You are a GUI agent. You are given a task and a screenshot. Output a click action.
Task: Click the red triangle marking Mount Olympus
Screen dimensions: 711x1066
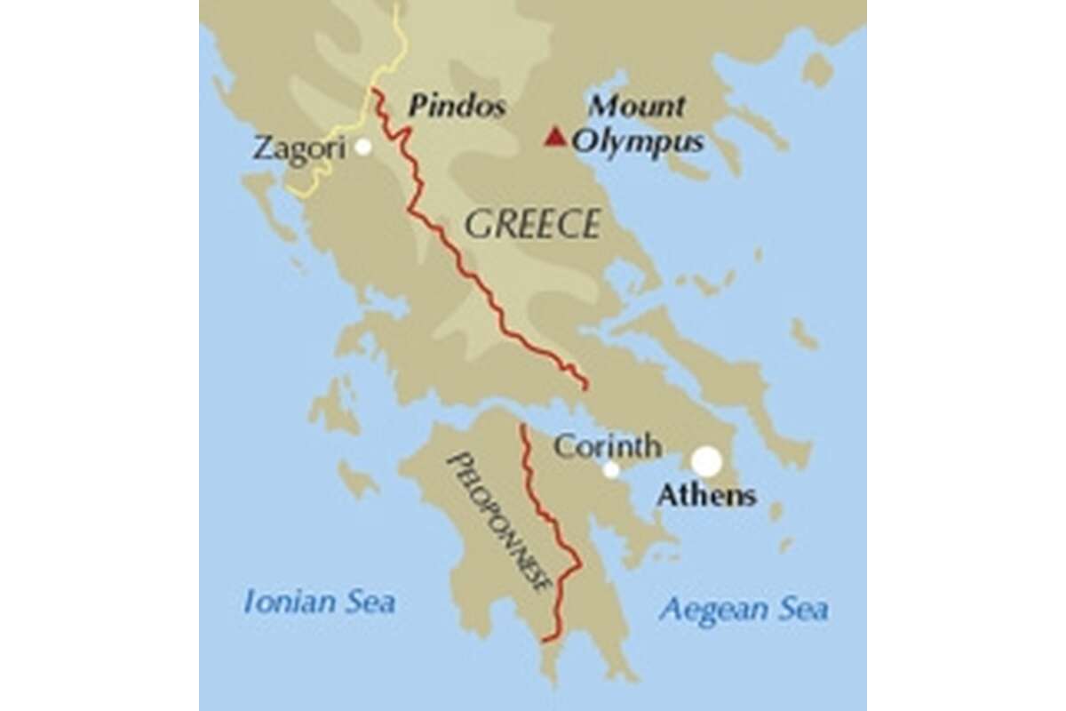click(x=555, y=137)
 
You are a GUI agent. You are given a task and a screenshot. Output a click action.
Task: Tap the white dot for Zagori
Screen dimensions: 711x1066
click(x=362, y=148)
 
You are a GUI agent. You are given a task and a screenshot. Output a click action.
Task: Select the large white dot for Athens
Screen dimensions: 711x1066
click(x=707, y=461)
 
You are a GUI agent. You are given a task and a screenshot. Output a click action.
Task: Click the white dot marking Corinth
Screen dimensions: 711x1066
click(x=611, y=470)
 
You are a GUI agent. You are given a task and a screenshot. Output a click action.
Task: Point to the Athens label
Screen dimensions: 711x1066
click(x=706, y=495)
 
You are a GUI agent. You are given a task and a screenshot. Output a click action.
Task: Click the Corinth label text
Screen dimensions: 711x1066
click(x=607, y=445)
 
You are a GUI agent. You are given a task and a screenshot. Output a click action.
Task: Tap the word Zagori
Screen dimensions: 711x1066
click(x=298, y=148)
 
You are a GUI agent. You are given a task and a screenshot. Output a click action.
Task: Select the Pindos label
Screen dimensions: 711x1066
click(x=457, y=108)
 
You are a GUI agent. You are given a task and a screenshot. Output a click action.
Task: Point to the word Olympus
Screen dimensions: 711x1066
click(x=638, y=142)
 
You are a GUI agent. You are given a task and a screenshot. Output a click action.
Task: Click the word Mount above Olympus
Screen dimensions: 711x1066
click(x=637, y=107)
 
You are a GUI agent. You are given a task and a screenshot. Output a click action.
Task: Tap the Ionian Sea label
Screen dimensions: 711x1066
click(x=319, y=603)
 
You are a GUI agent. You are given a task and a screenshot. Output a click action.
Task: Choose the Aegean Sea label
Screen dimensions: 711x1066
click(x=744, y=610)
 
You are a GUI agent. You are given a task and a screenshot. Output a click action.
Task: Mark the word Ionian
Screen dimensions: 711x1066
click(x=289, y=603)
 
